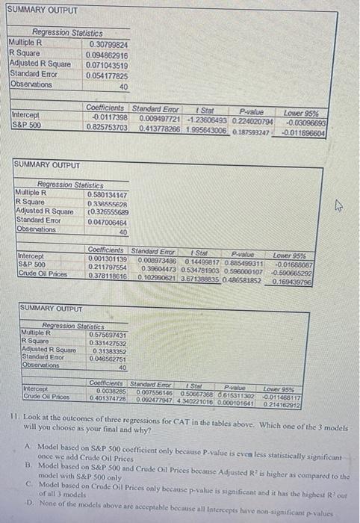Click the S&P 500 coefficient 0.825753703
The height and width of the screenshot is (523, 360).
coord(107,129)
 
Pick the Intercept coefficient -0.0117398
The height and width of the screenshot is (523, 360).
coord(110,119)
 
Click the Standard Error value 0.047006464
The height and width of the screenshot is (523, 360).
coord(108,221)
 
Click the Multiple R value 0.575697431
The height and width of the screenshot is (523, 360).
coord(107,334)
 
